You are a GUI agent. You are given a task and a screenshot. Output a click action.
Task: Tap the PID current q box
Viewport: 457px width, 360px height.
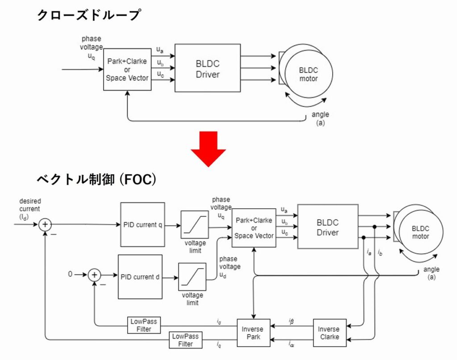(142, 225)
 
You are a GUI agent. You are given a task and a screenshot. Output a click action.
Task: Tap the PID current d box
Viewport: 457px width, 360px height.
(140, 276)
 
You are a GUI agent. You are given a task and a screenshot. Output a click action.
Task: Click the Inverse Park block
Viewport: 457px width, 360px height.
(253, 333)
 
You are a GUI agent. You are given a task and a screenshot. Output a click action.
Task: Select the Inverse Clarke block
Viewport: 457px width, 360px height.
(328, 333)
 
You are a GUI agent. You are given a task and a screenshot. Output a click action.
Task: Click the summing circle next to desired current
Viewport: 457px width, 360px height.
(45, 225)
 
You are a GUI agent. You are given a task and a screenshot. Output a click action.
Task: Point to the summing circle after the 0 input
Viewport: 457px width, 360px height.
(94, 275)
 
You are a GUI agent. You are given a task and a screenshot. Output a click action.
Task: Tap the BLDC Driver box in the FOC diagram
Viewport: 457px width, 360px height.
(328, 227)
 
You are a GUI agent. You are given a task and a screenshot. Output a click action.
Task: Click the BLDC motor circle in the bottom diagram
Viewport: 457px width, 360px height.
(420, 231)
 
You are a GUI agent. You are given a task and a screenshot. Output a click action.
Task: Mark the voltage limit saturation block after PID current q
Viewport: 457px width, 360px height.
(195, 225)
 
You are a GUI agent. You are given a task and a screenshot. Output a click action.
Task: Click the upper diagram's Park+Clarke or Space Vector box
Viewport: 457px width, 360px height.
(127, 69)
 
